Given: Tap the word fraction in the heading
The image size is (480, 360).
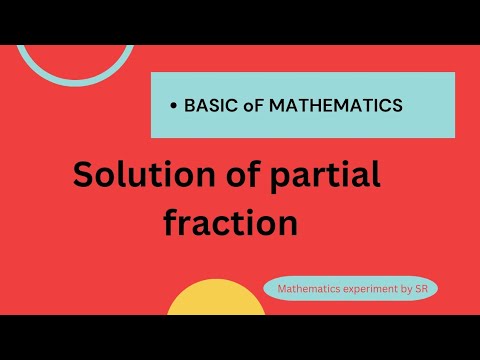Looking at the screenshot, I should pyautogui.click(x=231, y=222).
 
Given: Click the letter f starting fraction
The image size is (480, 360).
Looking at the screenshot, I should pyautogui.click(x=171, y=222).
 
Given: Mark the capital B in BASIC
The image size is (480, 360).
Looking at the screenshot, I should pyautogui.click(x=189, y=104).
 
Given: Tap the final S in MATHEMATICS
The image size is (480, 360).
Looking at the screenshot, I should pyautogui.click(x=397, y=104).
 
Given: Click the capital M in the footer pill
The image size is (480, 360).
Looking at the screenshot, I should pyautogui.click(x=281, y=288).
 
